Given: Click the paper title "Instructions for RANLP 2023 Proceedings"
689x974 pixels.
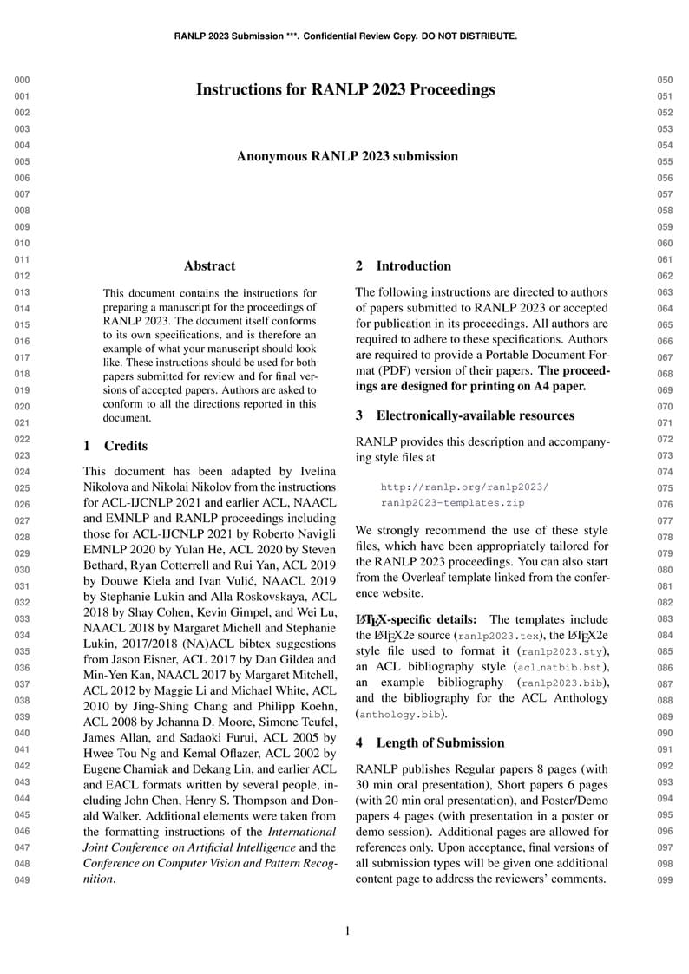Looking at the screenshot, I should (345, 89).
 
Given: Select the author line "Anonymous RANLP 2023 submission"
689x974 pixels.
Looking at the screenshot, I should (347, 156).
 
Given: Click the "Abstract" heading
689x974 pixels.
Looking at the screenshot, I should (209, 266).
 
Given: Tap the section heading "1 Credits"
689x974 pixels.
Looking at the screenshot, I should (115, 446).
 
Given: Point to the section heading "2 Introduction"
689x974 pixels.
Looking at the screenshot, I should (404, 265).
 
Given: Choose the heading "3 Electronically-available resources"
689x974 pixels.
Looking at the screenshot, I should (464, 415).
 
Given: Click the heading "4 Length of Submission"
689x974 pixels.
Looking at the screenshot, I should (430, 742).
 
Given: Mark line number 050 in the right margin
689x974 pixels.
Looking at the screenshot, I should (666, 81).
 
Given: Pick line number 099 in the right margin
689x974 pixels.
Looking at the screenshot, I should (666, 881).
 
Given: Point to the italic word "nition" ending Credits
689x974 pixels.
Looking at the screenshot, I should (98, 879).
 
